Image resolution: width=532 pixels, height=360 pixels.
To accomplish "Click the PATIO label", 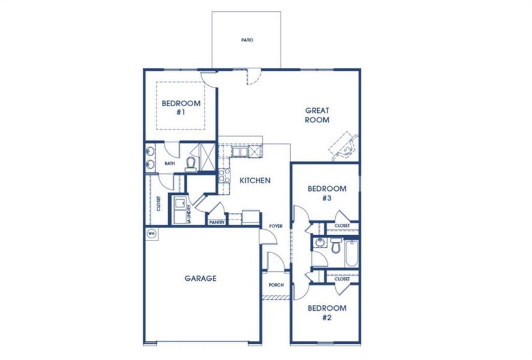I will click(247, 40).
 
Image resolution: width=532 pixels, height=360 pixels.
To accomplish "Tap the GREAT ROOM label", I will click(317, 115).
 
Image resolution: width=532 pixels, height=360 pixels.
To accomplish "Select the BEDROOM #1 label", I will click(181, 107).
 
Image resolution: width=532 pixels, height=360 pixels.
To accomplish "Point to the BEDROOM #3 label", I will click(327, 193).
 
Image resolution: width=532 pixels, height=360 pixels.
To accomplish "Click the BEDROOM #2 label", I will click(327, 313).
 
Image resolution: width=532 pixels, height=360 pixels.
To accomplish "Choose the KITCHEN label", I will click(255, 180).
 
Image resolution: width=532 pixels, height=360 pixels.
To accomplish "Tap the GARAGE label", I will click(200, 278).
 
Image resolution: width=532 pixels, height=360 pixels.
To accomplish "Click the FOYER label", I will click(275, 226).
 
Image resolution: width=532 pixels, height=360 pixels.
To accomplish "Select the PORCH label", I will click(275, 285).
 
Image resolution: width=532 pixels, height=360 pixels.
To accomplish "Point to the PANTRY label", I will click(217, 222).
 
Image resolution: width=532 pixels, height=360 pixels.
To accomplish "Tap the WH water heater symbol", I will click(151, 233).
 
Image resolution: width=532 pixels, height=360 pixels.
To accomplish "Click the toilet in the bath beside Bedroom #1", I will click(191, 163).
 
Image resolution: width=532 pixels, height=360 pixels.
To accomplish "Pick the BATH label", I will click(170, 163).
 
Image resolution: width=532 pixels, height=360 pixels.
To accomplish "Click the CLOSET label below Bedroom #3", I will click(342, 226).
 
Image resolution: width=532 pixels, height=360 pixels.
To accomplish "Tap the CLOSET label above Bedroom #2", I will click(342, 279).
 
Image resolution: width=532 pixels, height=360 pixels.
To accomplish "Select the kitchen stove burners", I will click(223, 175).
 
